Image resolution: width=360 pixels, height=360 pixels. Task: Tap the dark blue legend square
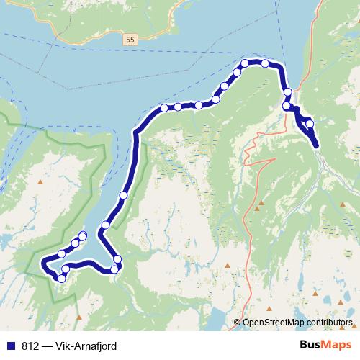pos(10,346)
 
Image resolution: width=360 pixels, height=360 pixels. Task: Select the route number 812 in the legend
pos(30,346)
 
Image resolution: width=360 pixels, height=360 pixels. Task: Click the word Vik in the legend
pos(70,346)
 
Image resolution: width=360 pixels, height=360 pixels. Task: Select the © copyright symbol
pos(238,323)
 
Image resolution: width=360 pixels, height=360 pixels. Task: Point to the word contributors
pos(327,323)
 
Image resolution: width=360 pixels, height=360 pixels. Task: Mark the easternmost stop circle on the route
pos(310,124)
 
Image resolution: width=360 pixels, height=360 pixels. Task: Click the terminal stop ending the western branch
pos(83,235)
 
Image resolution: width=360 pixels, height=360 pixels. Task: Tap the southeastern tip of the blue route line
pos(317,146)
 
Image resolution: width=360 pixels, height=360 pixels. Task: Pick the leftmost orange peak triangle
pos(40,181)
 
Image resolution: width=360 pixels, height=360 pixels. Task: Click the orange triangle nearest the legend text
pos(77,315)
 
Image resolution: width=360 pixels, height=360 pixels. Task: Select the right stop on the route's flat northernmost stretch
pos(265,63)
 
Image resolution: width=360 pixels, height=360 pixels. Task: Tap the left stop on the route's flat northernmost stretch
pos(245,63)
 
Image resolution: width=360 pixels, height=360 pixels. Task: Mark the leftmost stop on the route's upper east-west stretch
pos(164,108)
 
